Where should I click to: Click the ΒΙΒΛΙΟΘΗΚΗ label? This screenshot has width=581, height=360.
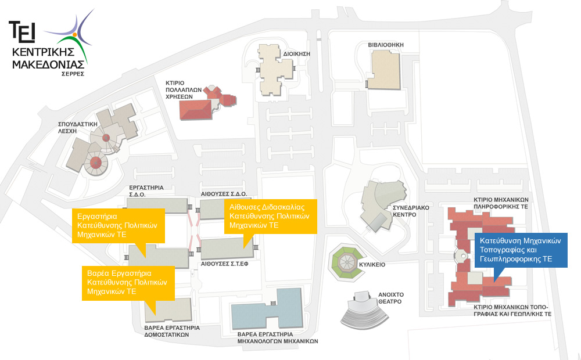(385, 44)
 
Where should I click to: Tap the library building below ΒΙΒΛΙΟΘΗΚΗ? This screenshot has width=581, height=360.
(385, 70)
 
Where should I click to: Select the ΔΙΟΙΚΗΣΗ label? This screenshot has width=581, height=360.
(297, 53)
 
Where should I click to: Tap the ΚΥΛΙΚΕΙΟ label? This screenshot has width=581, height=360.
(389, 264)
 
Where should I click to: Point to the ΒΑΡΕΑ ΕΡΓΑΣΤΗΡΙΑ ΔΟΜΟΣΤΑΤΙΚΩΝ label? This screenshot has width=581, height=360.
(172, 331)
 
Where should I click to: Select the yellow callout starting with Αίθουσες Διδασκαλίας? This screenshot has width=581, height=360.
(270, 216)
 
